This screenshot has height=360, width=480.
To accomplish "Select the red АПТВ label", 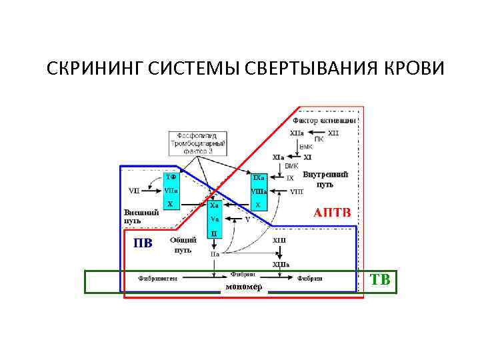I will [x=332, y=212].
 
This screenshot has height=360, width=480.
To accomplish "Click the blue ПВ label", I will [x=142, y=243].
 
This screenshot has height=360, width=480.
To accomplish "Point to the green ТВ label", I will [x=380, y=279].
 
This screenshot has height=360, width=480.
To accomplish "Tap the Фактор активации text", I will [x=325, y=121].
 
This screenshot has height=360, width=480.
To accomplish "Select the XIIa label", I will [x=297, y=133].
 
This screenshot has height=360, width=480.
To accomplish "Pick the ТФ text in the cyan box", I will [x=171, y=177].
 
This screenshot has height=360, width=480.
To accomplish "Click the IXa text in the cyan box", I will [x=259, y=178].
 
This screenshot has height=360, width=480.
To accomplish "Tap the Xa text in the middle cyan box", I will [x=214, y=206].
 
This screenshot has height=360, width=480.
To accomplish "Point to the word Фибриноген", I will [x=157, y=278].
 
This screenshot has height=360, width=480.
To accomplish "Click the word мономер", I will [x=243, y=287].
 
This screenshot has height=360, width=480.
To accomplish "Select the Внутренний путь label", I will [x=325, y=179].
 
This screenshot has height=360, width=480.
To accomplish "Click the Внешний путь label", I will [x=141, y=217].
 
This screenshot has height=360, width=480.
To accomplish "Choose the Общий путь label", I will [x=183, y=245].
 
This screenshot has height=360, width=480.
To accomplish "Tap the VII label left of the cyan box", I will [x=135, y=191].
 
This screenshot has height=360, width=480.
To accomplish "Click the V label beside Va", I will [x=247, y=219].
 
